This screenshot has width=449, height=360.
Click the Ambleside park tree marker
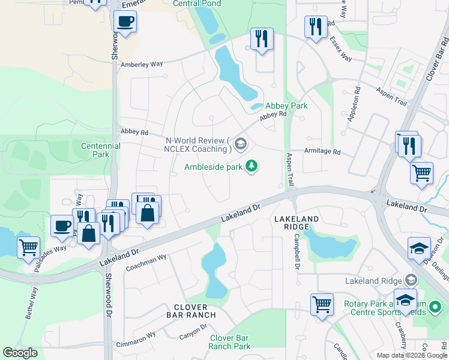click(x=253, y=166)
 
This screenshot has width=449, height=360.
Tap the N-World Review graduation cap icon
click(x=241, y=143)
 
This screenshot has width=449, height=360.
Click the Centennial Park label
click(x=101, y=150)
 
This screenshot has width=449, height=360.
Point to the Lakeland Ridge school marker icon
click(x=411, y=280)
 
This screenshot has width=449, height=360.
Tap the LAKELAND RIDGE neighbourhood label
click(x=292, y=223)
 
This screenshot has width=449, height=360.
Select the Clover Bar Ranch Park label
click(x=230, y=342)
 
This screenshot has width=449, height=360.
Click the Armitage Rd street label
click(x=322, y=152)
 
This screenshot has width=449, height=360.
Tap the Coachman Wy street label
click(x=146, y=259)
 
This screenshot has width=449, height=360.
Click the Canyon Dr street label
click(x=193, y=332)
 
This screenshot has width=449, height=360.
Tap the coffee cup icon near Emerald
click(x=125, y=22)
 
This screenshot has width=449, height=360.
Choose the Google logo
click(x=20, y=353)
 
